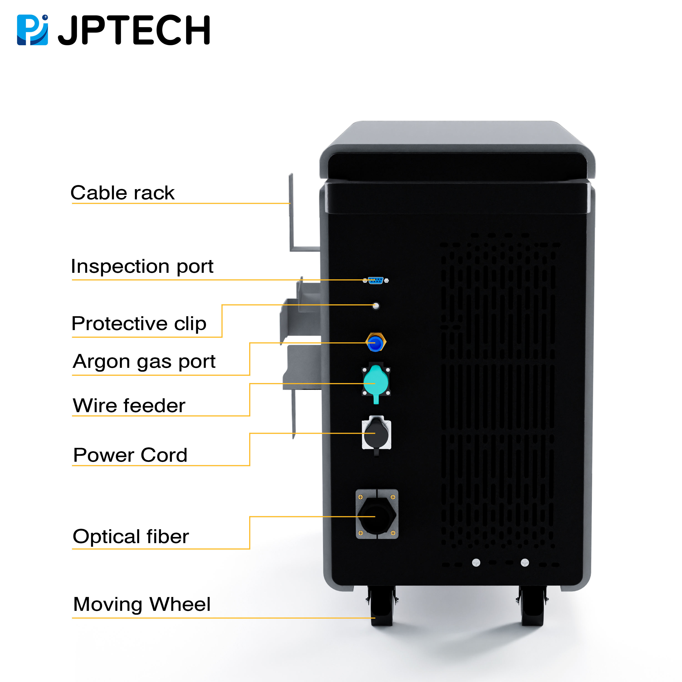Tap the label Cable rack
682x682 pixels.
[123, 193]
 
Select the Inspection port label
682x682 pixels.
[142, 266]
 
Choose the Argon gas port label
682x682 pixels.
[144, 361]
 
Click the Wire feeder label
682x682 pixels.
[129, 405]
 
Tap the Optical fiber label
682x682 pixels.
[131, 537]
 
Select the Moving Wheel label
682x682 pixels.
[142, 604]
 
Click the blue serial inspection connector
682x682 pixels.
[376, 281]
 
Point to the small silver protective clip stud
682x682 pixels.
[376, 306]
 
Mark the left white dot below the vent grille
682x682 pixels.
[476, 563]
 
